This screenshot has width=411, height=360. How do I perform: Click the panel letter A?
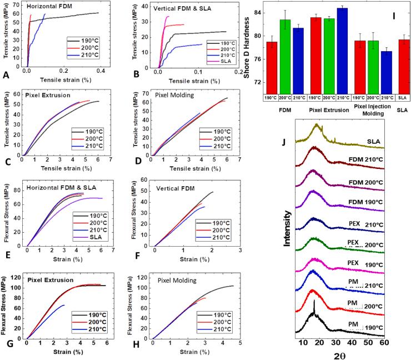(6, 73)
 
